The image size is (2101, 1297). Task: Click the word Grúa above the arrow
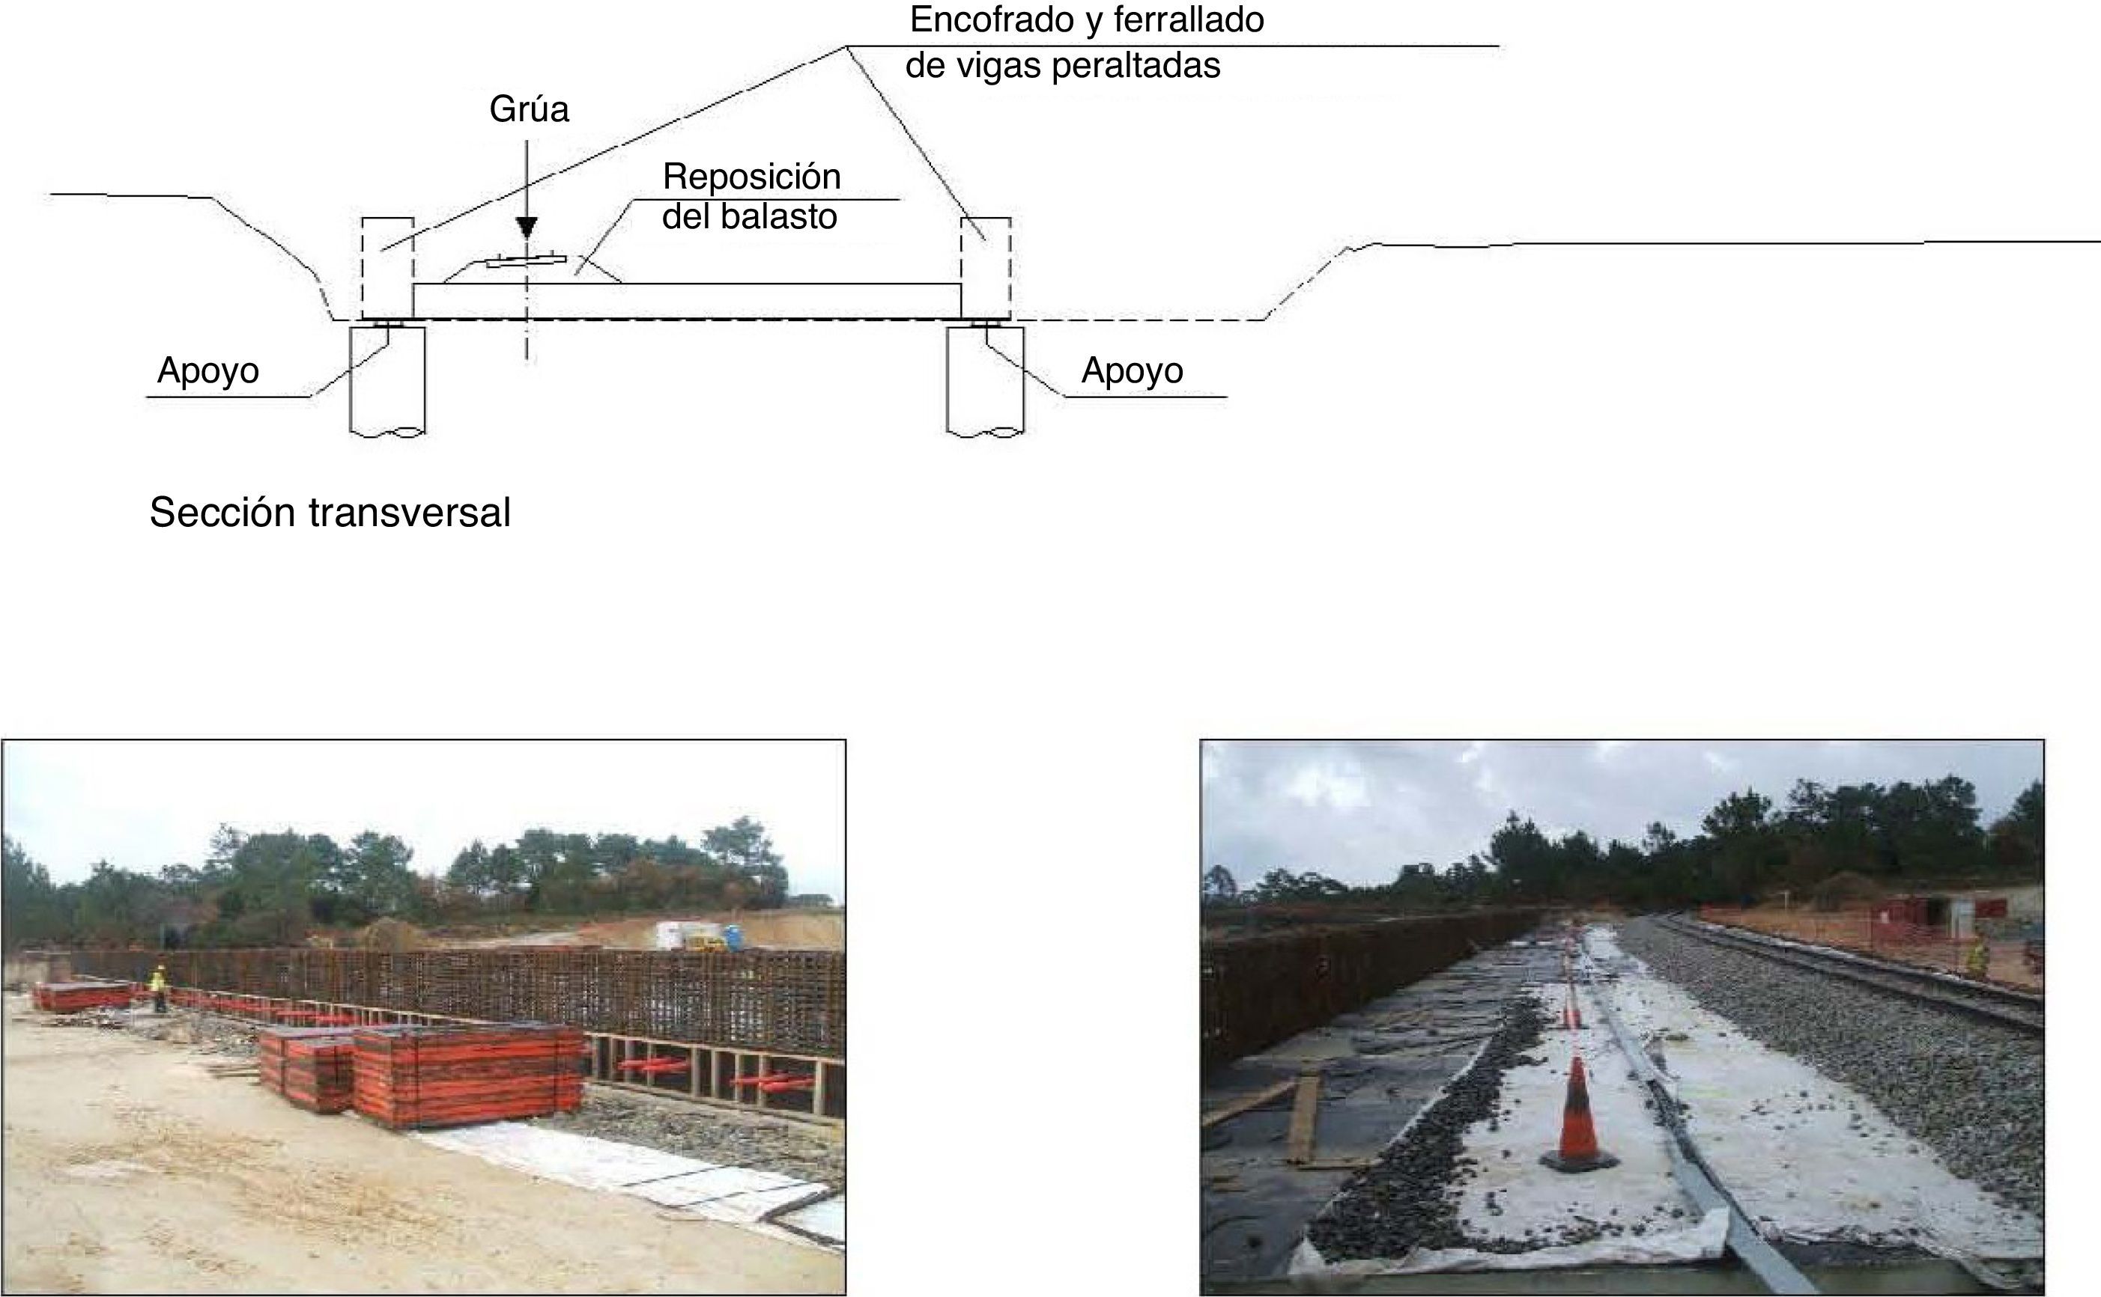[x=529, y=110]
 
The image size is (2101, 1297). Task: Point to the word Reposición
[x=751, y=177]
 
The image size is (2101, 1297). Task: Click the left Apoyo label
[x=207, y=370]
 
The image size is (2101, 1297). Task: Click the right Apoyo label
[x=1131, y=370]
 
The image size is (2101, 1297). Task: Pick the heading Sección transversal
[x=330, y=513]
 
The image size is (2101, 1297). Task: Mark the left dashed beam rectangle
[x=387, y=268]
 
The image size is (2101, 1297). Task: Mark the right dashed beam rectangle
[x=985, y=268]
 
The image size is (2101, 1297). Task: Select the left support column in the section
[x=387, y=379]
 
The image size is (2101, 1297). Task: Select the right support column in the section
[x=985, y=379]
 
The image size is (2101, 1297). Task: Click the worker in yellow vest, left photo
[x=159, y=986]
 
